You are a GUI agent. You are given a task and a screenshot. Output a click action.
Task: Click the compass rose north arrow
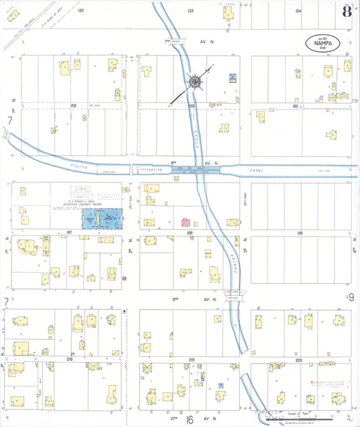tap(196, 82)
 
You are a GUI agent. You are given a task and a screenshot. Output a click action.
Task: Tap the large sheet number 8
tap(346, 11)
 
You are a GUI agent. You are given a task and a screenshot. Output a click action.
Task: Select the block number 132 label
tap(81, 11)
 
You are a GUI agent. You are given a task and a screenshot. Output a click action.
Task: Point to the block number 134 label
tap(299, 11)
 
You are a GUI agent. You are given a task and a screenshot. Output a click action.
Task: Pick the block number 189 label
tap(301, 231)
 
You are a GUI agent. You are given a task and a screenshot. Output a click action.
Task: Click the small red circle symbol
tap(124, 278)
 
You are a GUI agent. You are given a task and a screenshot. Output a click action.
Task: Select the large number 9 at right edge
tap(351, 297)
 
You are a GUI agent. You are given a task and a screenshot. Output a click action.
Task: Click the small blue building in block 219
tap(221, 385)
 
